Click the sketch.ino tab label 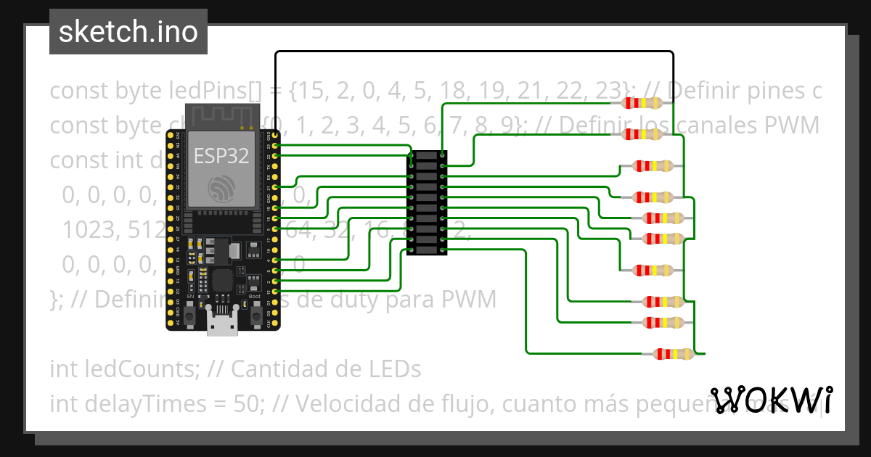tap(128, 32)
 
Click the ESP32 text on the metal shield tap(221, 156)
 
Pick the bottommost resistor tap(674, 354)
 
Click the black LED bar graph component tap(427, 202)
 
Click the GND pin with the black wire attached tap(276, 136)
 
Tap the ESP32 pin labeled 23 tap(276, 146)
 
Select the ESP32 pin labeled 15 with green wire tap(276, 291)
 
